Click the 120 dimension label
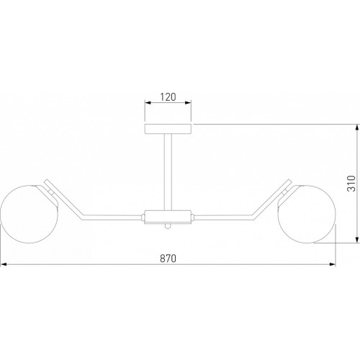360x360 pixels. click(x=168, y=96)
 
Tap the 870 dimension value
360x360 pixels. click(x=168, y=258)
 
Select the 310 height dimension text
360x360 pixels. click(x=351, y=184)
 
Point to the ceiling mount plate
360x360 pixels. click(x=168, y=129)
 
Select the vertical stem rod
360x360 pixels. click(x=168, y=171)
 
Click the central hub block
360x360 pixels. click(x=168, y=217)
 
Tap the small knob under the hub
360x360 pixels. click(x=168, y=226)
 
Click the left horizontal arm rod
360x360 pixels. click(x=112, y=217)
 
